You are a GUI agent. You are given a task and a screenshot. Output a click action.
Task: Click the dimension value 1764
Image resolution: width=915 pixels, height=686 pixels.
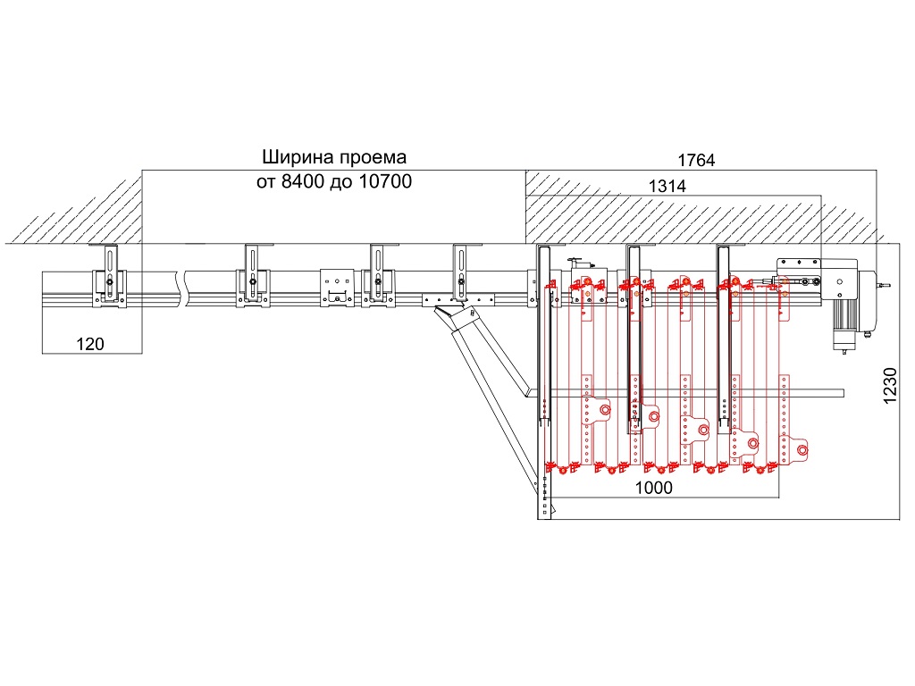[x=697, y=161]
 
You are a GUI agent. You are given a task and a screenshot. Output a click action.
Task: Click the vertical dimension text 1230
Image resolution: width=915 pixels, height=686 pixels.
[x=890, y=388]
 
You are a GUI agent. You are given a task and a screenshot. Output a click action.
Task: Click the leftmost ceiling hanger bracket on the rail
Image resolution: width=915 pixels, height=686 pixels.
[x=109, y=276]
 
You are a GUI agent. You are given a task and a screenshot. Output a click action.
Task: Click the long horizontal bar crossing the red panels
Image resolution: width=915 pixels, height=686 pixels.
[x=697, y=391]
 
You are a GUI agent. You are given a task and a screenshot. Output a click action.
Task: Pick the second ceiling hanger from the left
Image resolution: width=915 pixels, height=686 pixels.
[x=254, y=276]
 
